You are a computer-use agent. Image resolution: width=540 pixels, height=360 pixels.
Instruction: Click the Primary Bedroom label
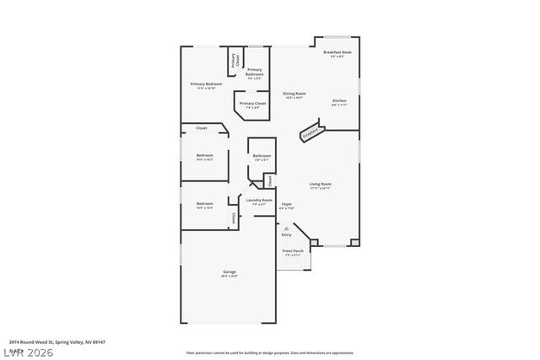tap(206, 84)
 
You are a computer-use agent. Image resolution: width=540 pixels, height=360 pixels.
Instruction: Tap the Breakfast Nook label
tap(337, 53)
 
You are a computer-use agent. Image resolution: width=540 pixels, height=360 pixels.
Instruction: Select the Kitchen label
tap(338, 100)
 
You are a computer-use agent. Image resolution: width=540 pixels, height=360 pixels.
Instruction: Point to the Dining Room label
tap(294, 94)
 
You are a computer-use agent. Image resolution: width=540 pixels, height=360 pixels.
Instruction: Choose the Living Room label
tap(320, 184)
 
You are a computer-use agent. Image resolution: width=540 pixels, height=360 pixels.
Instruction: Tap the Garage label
tap(229, 271)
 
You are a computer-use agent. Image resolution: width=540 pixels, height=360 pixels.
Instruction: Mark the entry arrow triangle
tap(287, 228)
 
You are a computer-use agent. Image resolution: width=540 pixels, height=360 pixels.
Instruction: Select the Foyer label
tap(286, 205)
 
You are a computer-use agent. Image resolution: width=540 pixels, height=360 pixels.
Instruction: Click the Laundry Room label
tap(259, 200)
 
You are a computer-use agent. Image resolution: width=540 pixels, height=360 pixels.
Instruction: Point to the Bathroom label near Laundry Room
tap(261, 155)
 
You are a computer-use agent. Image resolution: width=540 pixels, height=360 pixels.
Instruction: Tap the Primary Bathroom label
tap(255, 72)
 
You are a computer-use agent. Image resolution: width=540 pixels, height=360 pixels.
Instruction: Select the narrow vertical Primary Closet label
tap(235, 60)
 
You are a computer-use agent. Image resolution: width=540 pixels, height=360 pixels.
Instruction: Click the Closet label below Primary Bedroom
tap(201, 128)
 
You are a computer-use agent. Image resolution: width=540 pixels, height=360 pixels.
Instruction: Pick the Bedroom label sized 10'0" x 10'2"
tap(205, 156)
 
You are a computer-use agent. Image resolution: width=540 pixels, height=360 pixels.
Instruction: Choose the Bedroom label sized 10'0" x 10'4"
tap(205, 204)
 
